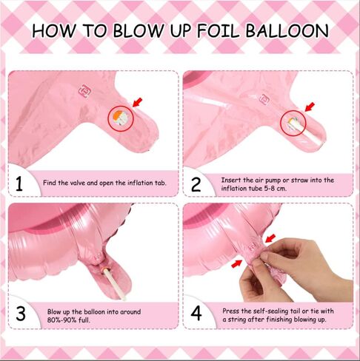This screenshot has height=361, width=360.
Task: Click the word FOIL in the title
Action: tap(219, 31)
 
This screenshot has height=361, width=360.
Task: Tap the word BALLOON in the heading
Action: tap(287, 31)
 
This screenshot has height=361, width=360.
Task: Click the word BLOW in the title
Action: tap(139, 31)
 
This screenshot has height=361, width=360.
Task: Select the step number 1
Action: tap(19, 184)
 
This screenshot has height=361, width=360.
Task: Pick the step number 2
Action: tap(196, 185)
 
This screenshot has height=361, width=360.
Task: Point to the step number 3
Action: tap(21, 314)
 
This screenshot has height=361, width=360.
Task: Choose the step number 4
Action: tap(196, 314)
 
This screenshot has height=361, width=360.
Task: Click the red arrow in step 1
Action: tap(138, 102)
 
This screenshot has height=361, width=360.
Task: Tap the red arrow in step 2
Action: tap(310, 107)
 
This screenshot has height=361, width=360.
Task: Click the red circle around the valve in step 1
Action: tap(121, 107)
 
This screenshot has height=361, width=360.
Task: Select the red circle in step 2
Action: tap(293, 110)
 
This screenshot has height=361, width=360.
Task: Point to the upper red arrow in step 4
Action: tap(270, 238)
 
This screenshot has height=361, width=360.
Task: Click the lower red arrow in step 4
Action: tap(236, 264)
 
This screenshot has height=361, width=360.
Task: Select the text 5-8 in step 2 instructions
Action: tap(270, 189)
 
